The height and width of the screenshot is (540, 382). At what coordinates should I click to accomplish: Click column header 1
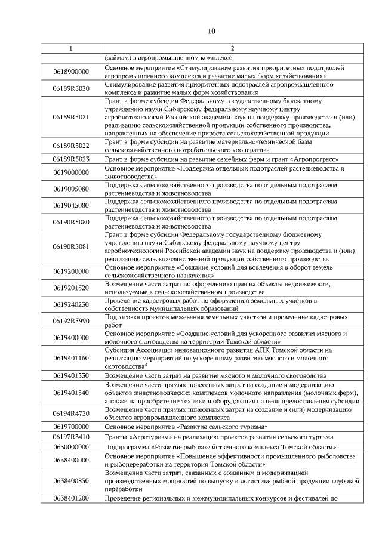(x=70, y=48)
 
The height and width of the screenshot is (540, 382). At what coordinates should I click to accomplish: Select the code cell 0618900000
(x=70, y=72)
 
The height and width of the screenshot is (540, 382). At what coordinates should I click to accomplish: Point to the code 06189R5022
(x=70, y=146)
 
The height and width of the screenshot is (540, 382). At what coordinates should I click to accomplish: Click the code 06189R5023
(x=70, y=159)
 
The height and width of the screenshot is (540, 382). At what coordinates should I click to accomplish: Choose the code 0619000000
(x=70, y=173)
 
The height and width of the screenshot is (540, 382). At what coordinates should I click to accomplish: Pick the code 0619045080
(x=70, y=206)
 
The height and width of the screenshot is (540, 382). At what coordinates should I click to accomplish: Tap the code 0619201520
(x=70, y=288)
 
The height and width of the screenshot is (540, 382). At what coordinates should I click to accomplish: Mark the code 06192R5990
(x=70, y=321)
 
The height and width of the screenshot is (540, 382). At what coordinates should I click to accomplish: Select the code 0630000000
(x=70, y=446)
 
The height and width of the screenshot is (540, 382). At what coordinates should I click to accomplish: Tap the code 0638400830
(x=70, y=480)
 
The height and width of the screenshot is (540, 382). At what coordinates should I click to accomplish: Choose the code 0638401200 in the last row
(x=70, y=498)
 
